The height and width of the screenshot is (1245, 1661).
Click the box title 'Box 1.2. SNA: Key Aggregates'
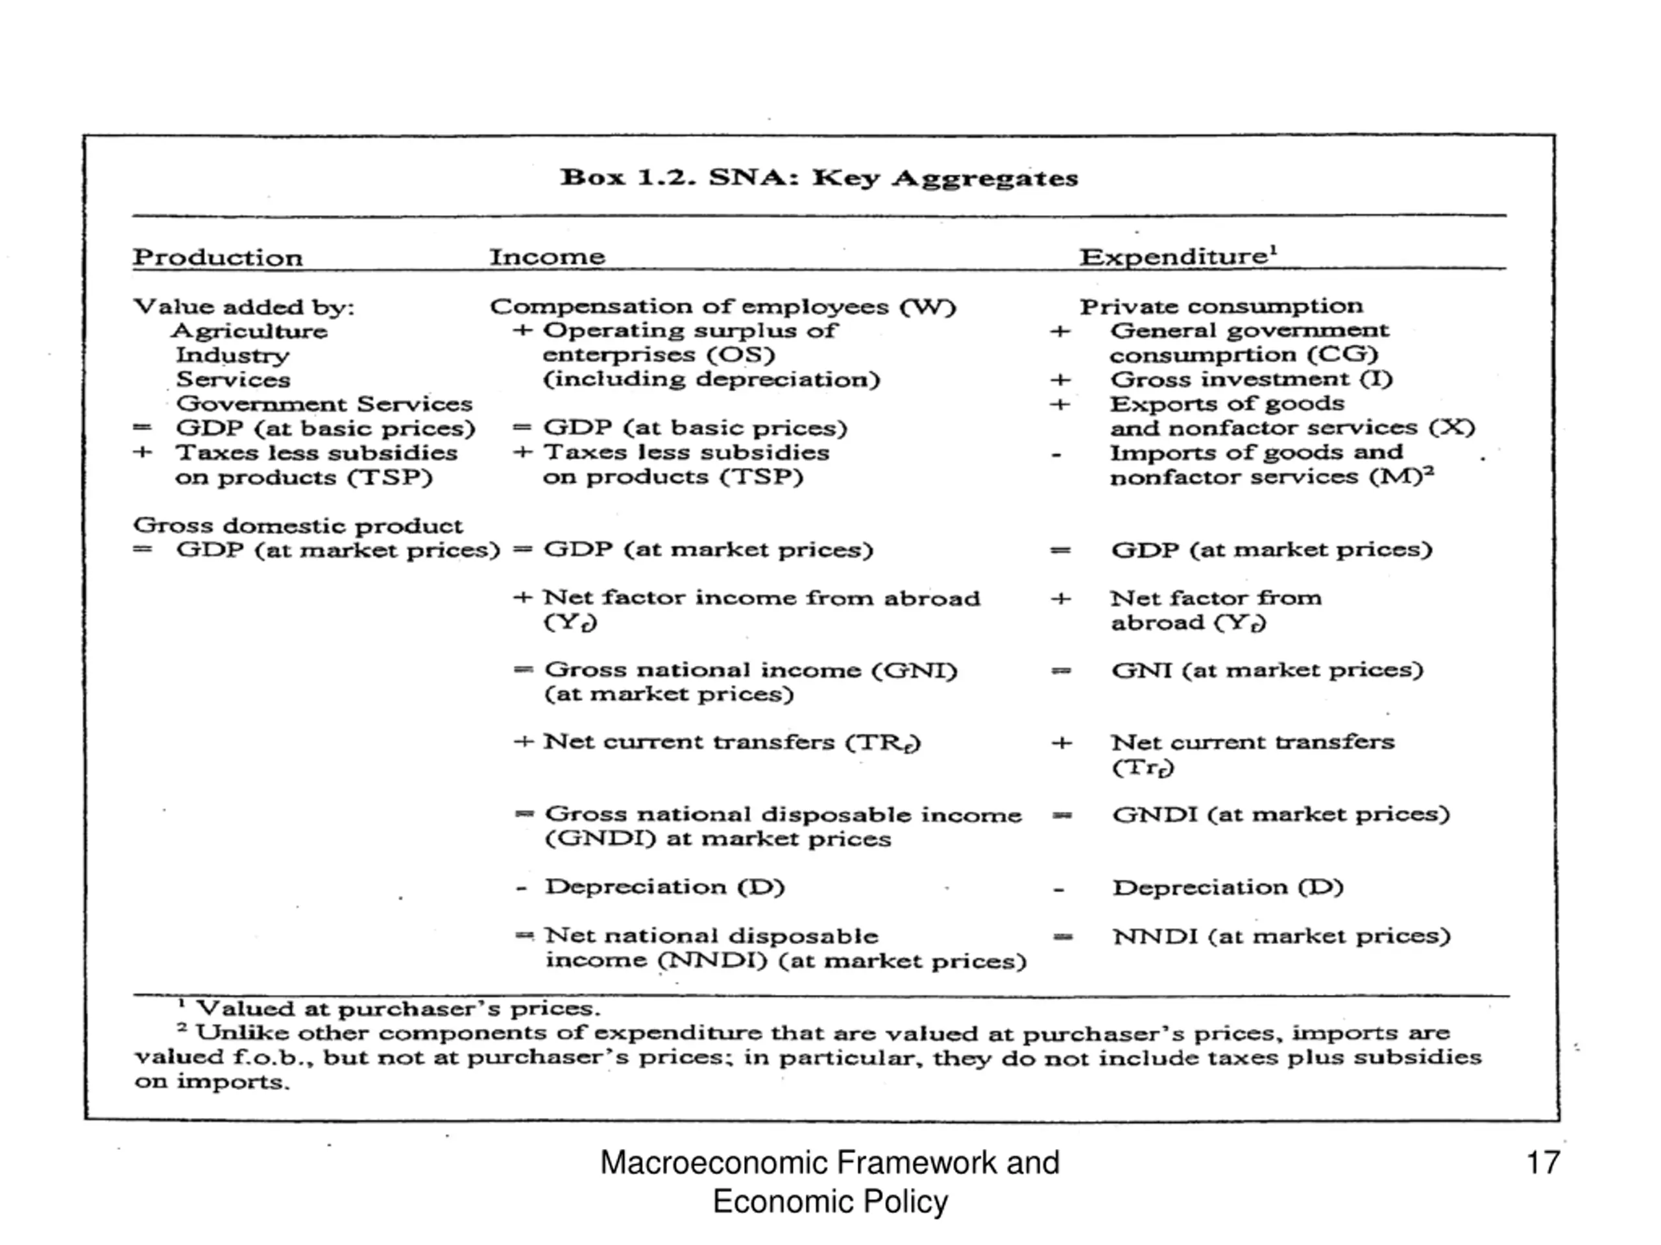tap(818, 178)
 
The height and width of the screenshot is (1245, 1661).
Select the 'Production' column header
tap(218, 257)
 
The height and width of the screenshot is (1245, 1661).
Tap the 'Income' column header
tap(548, 257)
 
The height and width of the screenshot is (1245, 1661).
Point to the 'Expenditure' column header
tap(1176, 257)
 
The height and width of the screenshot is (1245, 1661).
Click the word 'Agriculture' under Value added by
tap(249, 331)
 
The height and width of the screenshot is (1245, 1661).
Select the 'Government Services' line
tap(324, 404)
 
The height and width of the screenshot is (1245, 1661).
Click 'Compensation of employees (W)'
tap(722, 306)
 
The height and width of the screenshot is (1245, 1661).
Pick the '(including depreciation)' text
tap(711, 379)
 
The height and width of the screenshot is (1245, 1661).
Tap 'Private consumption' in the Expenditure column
tap(1221, 306)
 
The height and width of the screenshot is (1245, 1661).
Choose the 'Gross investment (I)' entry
tap(1251, 379)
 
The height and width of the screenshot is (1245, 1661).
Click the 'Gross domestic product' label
tap(297, 525)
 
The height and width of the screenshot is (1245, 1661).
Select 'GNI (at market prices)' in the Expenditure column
tap(1267, 669)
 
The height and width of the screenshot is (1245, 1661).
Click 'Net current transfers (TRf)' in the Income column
tap(731, 742)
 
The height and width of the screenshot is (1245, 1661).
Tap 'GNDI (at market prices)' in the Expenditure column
tap(1280, 814)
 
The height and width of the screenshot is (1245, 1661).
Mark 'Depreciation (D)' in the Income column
tap(664, 887)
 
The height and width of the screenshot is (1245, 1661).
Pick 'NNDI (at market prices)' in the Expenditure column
tap(1281, 936)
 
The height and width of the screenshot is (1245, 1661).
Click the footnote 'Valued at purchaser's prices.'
tap(398, 1008)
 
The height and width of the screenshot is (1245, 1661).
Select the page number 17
tap(1543, 1163)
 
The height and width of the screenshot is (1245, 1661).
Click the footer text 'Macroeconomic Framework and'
tap(830, 1163)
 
